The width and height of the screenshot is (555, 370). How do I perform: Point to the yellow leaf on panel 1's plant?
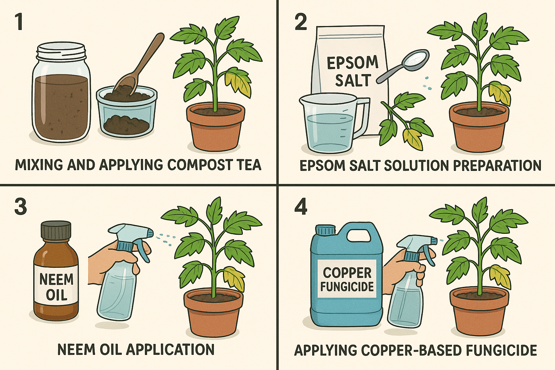(238, 82)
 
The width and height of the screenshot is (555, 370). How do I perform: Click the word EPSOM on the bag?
(352, 63)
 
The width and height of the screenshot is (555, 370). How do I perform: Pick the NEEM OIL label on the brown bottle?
(56, 287)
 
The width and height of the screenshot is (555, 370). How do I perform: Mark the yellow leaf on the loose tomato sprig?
(412, 138)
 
